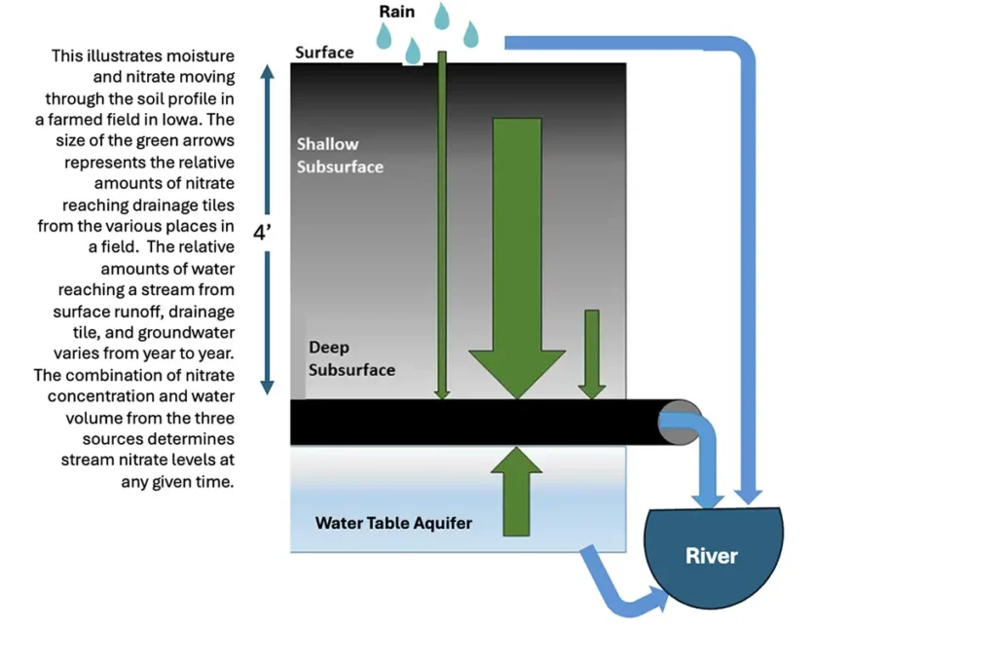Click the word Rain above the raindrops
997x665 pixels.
tap(396, 13)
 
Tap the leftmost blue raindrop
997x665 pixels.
tap(384, 36)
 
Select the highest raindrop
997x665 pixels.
tap(442, 16)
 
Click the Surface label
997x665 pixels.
tap(324, 52)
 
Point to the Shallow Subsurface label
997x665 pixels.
tap(340, 156)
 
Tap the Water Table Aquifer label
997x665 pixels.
tap(393, 523)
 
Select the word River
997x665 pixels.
tap(712, 556)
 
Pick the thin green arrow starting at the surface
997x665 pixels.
tap(442, 224)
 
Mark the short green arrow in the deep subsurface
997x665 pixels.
tap(591, 354)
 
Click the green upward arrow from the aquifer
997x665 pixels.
tap(515, 492)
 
